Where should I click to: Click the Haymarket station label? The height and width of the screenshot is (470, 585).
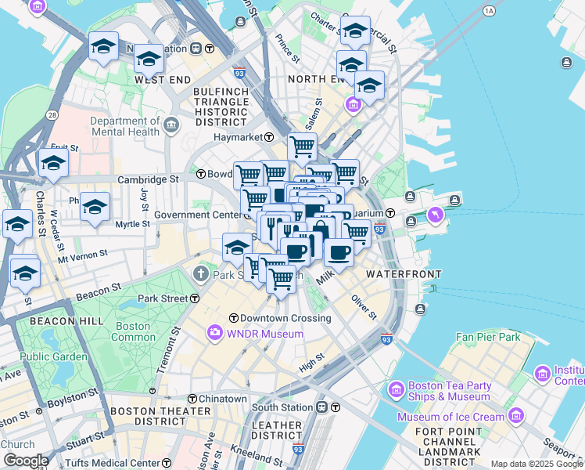(239, 137)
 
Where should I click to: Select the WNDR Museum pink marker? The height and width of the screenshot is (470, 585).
(214, 334)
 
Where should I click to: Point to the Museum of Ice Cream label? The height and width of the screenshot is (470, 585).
(450, 417)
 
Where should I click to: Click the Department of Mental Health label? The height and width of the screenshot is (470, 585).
(126, 126)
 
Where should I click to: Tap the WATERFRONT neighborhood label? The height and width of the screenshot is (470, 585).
(404, 274)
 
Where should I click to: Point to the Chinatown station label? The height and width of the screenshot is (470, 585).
(222, 399)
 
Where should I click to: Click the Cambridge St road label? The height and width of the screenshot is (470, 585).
(148, 179)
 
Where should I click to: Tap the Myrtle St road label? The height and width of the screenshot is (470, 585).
(132, 224)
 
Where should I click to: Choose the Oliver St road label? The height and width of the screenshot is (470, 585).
(364, 306)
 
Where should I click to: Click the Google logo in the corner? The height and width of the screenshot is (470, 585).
(26, 461)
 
